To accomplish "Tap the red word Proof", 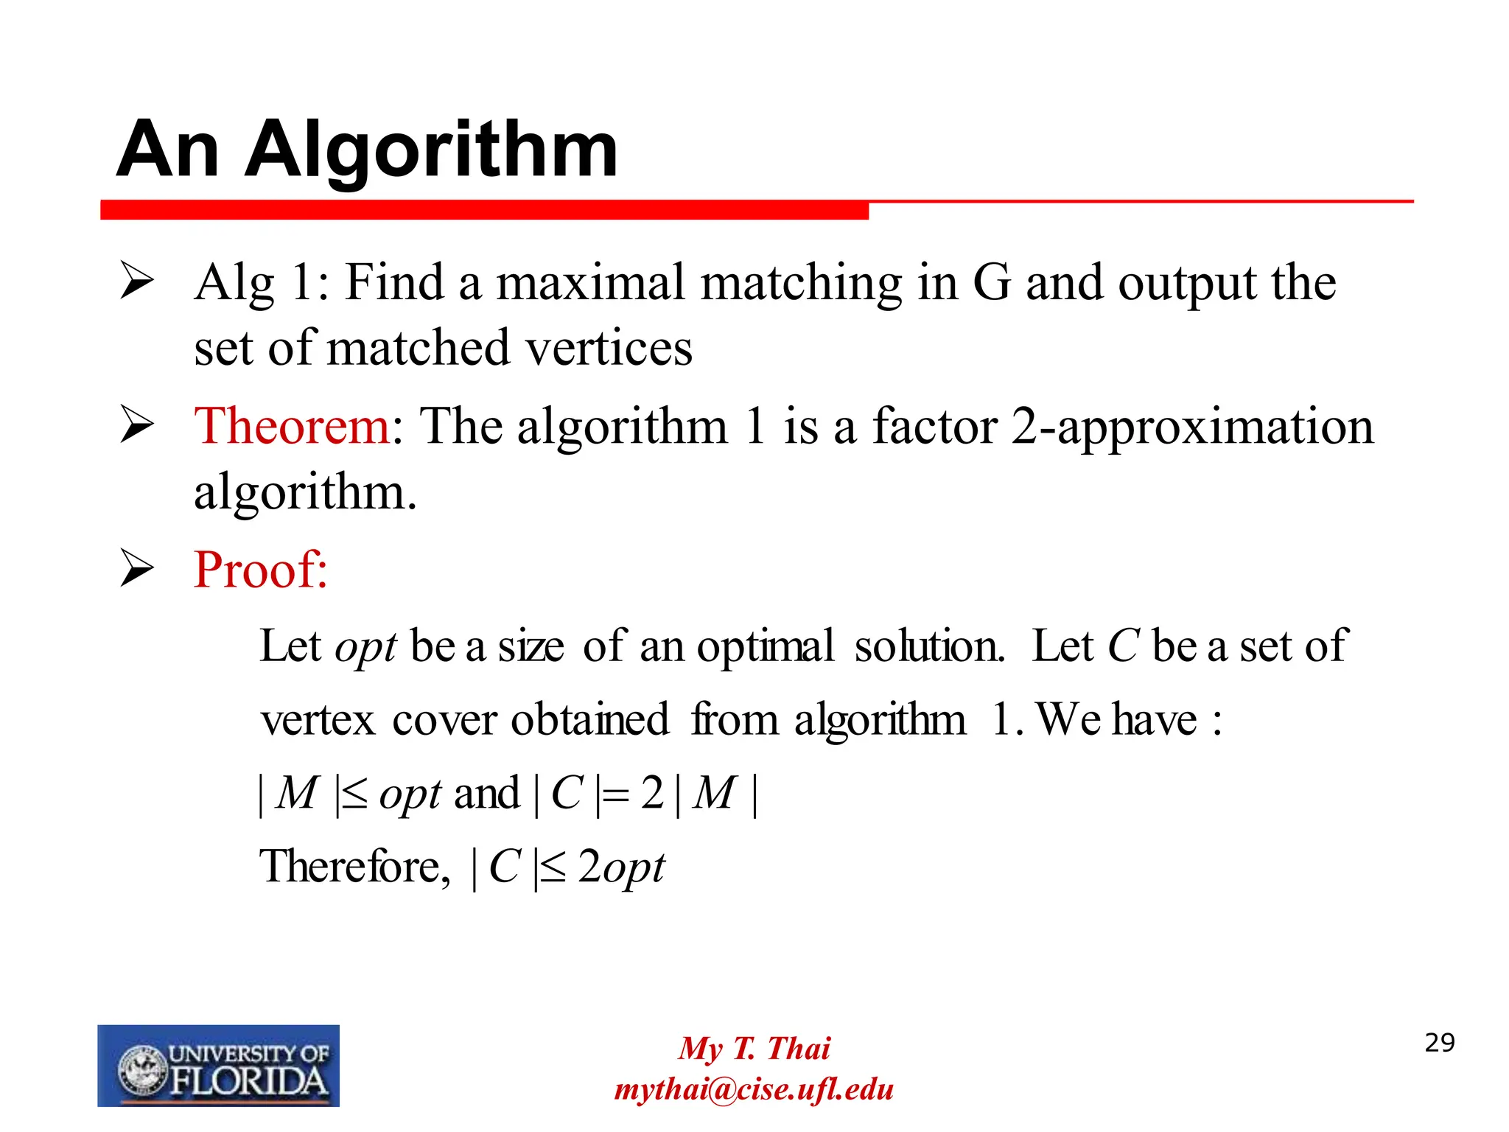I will [259, 570].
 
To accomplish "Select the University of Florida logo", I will [218, 1065].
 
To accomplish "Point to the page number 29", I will [1439, 1043].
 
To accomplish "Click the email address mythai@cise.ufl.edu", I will [754, 1089].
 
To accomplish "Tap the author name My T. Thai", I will [754, 1048].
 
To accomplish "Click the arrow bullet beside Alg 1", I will [136, 282].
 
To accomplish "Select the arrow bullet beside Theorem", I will [136, 426].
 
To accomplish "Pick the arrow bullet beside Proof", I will [136, 570].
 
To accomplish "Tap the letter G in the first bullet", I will [992, 282].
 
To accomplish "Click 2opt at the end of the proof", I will [621, 867].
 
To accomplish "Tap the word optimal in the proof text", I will [766, 646].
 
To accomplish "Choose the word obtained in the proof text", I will [589, 719].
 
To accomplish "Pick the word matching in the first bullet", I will [801, 284].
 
